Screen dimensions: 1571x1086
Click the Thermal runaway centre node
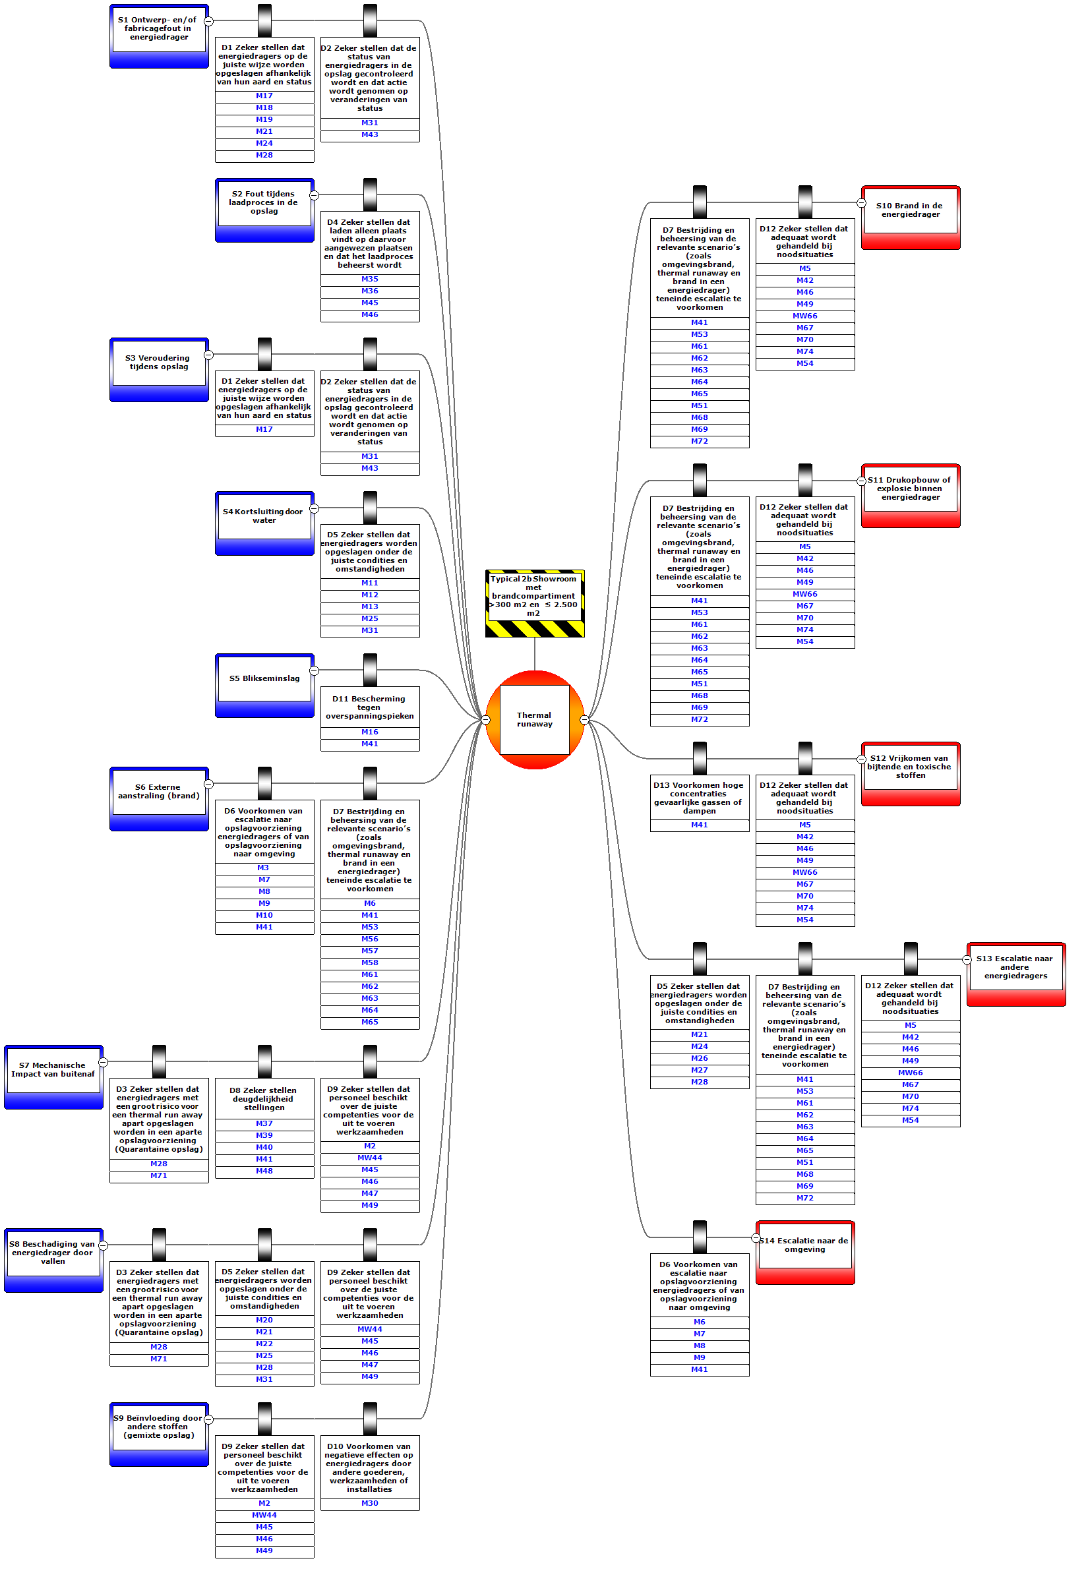click(x=534, y=719)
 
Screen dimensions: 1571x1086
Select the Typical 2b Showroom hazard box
click(x=534, y=596)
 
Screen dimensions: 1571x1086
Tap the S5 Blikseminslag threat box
click(x=264, y=678)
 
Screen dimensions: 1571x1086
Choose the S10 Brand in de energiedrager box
click(x=911, y=210)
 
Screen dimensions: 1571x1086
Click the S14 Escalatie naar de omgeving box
click(x=805, y=1245)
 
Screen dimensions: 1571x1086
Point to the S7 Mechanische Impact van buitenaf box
click(x=53, y=1069)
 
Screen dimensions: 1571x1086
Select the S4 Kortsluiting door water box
click(x=264, y=516)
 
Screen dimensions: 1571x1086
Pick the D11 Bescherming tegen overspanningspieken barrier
click(x=369, y=707)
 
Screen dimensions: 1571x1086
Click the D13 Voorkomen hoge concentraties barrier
click(x=699, y=798)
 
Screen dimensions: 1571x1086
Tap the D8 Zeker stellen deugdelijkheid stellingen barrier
click(x=264, y=1099)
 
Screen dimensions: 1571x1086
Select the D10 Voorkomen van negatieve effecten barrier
click(x=369, y=1467)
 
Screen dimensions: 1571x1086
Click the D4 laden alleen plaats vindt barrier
click(x=369, y=243)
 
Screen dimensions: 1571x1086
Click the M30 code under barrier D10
click(x=369, y=1503)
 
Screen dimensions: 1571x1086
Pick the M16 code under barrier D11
click(x=369, y=732)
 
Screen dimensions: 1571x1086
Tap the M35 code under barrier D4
click(x=369, y=279)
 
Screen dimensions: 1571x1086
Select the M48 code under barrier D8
click(x=264, y=1171)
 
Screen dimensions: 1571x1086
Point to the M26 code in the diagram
click(x=699, y=1058)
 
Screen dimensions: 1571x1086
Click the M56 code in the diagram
click(x=369, y=939)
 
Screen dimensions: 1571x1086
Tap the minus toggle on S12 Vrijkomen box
click(x=861, y=759)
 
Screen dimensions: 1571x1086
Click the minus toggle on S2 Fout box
click(x=314, y=195)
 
